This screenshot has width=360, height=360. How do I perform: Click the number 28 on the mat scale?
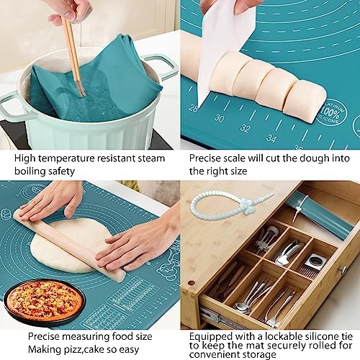pyautogui.click(x=192, y=108)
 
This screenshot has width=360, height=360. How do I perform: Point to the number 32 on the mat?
pyautogui.click(x=246, y=130)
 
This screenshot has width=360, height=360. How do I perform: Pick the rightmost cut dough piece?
pyautogui.click(x=305, y=101)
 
